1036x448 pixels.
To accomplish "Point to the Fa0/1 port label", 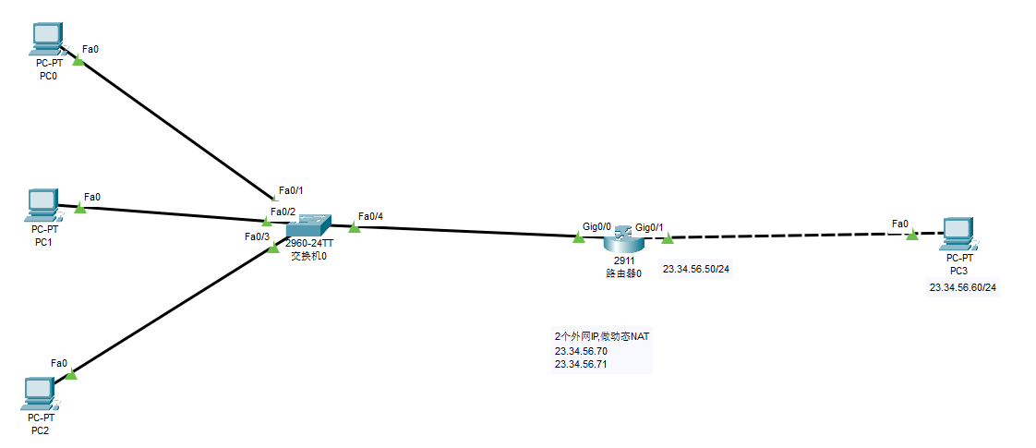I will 291,190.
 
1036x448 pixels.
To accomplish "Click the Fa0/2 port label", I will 283,212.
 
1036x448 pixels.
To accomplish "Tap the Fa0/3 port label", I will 257,236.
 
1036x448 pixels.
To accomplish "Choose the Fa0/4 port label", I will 370,217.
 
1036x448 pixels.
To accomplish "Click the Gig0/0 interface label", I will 596,225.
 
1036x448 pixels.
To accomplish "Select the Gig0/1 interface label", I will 650,227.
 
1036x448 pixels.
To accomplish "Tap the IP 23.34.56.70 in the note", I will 581,351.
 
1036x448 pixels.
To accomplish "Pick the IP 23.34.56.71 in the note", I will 581,364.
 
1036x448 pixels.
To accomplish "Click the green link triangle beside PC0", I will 78,61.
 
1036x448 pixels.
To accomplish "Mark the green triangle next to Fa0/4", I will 354,227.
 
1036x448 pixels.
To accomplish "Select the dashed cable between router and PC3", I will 785,236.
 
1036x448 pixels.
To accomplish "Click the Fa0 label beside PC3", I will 899,224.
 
